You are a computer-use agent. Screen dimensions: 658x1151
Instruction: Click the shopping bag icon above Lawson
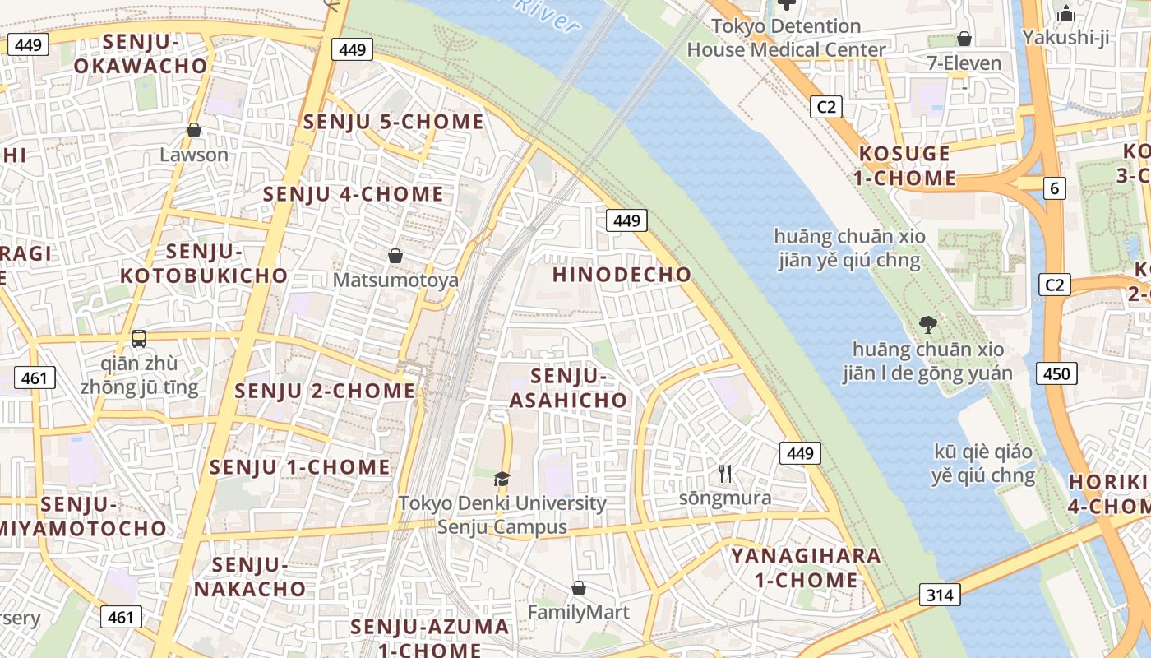(194, 130)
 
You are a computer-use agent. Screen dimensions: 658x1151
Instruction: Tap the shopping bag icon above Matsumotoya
(395, 256)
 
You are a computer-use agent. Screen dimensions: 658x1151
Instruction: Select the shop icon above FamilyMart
(579, 588)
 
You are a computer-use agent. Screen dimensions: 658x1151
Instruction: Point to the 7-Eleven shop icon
(964, 39)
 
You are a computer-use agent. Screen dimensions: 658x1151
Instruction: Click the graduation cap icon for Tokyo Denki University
(502, 479)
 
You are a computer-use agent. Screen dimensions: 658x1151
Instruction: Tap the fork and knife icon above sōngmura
(725, 474)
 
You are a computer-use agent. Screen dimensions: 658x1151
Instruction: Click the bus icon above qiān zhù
(139, 338)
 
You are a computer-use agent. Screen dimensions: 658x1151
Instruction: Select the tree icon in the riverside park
(927, 324)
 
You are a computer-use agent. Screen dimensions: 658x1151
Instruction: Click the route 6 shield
(1055, 188)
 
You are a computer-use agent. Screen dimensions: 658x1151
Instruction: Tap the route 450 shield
(1056, 374)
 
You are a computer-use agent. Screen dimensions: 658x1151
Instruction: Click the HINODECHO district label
(622, 275)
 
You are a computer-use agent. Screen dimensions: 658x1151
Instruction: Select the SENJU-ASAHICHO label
(568, 388)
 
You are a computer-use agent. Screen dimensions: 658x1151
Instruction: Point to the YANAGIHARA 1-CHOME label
(806, 568)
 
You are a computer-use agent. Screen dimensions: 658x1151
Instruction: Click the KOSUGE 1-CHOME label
(907, 165)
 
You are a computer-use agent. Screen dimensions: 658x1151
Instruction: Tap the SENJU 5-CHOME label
(394, 122)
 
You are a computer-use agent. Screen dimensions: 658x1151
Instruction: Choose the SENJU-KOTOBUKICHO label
(204, 263)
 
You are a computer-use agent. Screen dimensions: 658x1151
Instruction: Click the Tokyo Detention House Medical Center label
(786, 38)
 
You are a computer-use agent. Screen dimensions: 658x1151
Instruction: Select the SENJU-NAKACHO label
(250, 577)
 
